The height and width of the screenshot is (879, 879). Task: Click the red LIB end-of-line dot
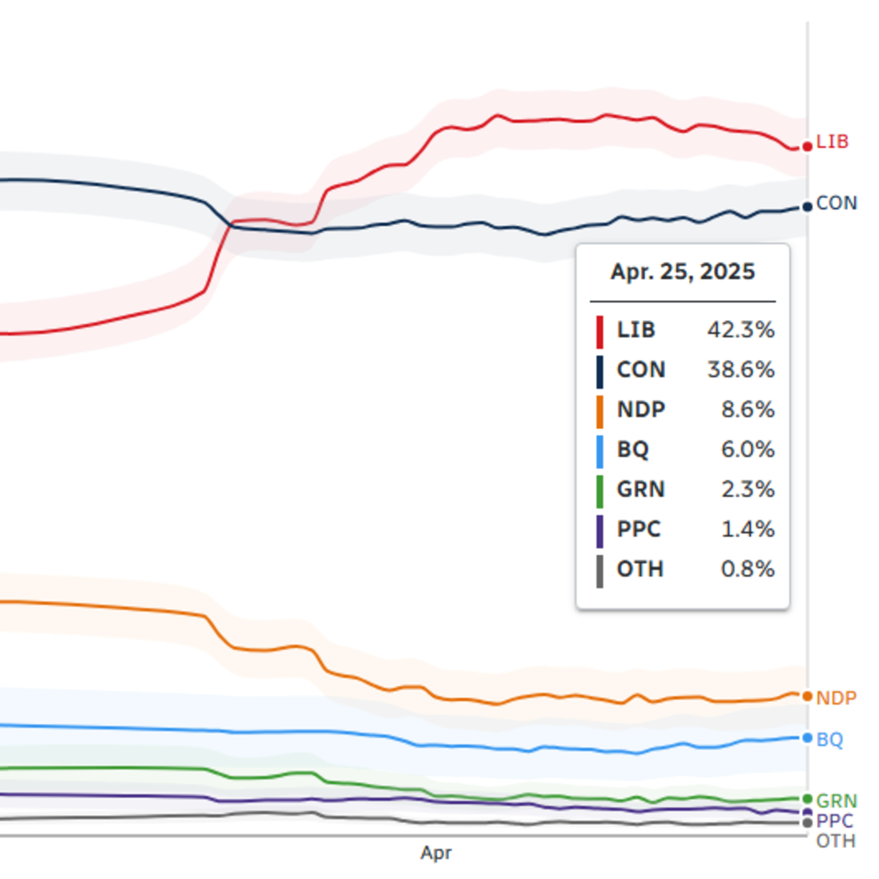(807, 146)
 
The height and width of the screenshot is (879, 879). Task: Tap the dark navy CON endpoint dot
(807, 207)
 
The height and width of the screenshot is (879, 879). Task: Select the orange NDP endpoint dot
(807, 696)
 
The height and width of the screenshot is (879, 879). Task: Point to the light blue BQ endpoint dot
(807, 738)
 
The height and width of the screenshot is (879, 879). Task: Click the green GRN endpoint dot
(807, 799)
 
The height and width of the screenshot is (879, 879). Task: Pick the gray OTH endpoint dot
(807, 822)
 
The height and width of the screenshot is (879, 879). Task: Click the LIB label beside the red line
(832, 142)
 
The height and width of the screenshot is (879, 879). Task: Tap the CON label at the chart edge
(836, 203)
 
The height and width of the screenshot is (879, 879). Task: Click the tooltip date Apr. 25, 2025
(682, 272)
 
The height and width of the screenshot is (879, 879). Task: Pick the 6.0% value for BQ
(747, 449)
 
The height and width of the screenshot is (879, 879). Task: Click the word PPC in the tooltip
(638, 529)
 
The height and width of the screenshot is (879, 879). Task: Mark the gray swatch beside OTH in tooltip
(600, 571)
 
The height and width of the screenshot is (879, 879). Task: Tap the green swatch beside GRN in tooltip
(600, 491)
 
